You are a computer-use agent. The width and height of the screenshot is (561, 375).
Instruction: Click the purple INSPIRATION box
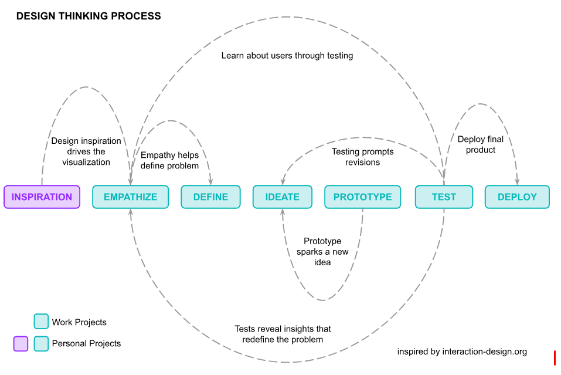click(x=42, y=197)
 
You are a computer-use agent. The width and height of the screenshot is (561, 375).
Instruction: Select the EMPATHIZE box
click(x=130, y=197)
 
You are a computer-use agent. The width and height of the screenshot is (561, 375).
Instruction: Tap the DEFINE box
click(x=210, y=197)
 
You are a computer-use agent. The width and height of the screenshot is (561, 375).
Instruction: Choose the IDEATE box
click(x=282, y=197)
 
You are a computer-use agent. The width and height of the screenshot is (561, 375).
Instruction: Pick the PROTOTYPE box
click(x=362, y=197)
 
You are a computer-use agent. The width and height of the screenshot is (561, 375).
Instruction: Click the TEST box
click(x=444, y=197)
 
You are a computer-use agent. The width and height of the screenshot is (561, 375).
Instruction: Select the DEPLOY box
click(x=517, y=197)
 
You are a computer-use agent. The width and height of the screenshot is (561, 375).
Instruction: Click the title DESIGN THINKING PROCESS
click(x=89, y=16)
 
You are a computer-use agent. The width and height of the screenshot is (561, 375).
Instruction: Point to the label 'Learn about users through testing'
click(x=287, y=56)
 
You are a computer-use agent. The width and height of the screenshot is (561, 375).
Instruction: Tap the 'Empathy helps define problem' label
click(x=169, y=160)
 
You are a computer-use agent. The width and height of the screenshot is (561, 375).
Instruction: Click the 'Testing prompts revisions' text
click(x=362, y=157)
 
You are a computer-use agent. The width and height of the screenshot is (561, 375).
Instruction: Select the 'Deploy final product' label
click(x=481, y=144)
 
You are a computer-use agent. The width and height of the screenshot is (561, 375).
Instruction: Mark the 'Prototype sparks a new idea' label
click(x=322, y=252)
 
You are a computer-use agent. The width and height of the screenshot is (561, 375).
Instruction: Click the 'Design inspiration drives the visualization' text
click(x=86, y=151)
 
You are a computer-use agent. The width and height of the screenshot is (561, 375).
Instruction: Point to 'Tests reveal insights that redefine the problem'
click(x=283, y=334)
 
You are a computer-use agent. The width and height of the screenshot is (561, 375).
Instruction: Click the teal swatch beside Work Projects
click(x=41, y=322)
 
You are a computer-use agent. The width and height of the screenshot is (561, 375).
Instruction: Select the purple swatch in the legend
click(x=21, y=343)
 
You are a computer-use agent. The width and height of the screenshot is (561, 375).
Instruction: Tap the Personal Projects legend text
click(x=86, y=343)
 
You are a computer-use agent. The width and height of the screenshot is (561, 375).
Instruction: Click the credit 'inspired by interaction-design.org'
click(x=462, y=352)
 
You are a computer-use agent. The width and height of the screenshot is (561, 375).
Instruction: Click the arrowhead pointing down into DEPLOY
click(x=517, y=183)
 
